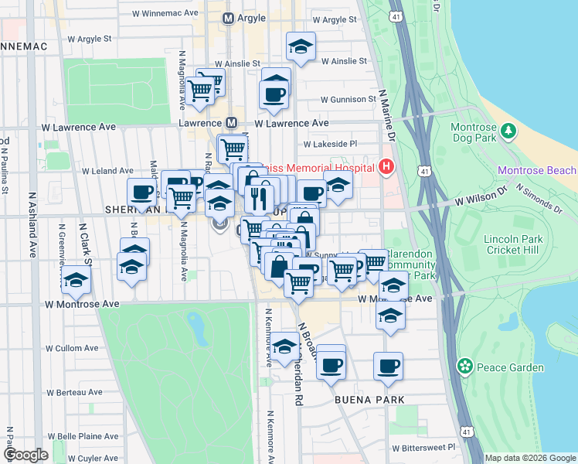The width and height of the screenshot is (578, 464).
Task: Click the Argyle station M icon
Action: (228, 17)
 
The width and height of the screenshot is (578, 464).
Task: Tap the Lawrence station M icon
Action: (231, 123)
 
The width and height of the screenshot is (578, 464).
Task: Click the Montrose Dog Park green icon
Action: (509, 131)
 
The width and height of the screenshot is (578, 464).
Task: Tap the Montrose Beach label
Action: (536, 170)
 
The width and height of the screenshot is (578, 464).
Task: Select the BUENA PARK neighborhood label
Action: (365, 400)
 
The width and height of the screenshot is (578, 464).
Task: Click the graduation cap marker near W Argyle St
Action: (301, 46)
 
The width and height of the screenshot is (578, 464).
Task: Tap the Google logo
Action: (25, 455)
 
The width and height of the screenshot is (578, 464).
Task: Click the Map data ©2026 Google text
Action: (530, 458)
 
